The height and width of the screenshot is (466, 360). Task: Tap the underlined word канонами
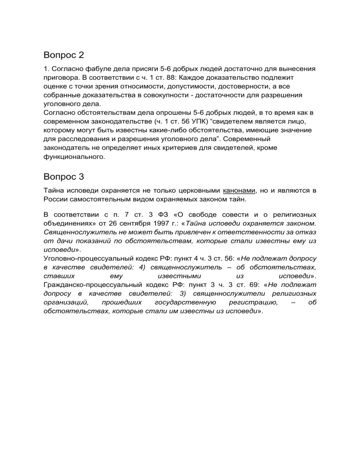[x=240, y=191]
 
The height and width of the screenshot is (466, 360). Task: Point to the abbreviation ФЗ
[x=157, y=214]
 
